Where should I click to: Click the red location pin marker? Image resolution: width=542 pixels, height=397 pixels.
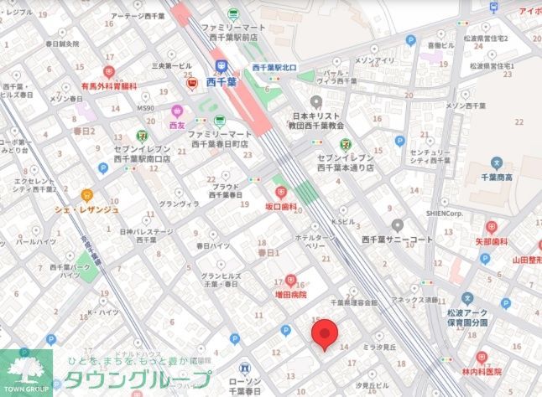click(326, 334)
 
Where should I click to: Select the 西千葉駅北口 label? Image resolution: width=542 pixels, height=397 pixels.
click(273, 67)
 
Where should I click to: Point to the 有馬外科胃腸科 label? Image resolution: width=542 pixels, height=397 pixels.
click(108, 85)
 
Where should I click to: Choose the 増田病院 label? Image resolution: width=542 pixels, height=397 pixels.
click(290, 295)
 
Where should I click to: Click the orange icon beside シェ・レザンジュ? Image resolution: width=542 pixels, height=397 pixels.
click(86, 195)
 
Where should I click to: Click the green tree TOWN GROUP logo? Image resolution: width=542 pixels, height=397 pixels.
click(25, 369)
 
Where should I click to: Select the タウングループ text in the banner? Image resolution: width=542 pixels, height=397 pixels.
click(138, 379)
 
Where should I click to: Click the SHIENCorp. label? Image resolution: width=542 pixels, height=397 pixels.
click(480, 212)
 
